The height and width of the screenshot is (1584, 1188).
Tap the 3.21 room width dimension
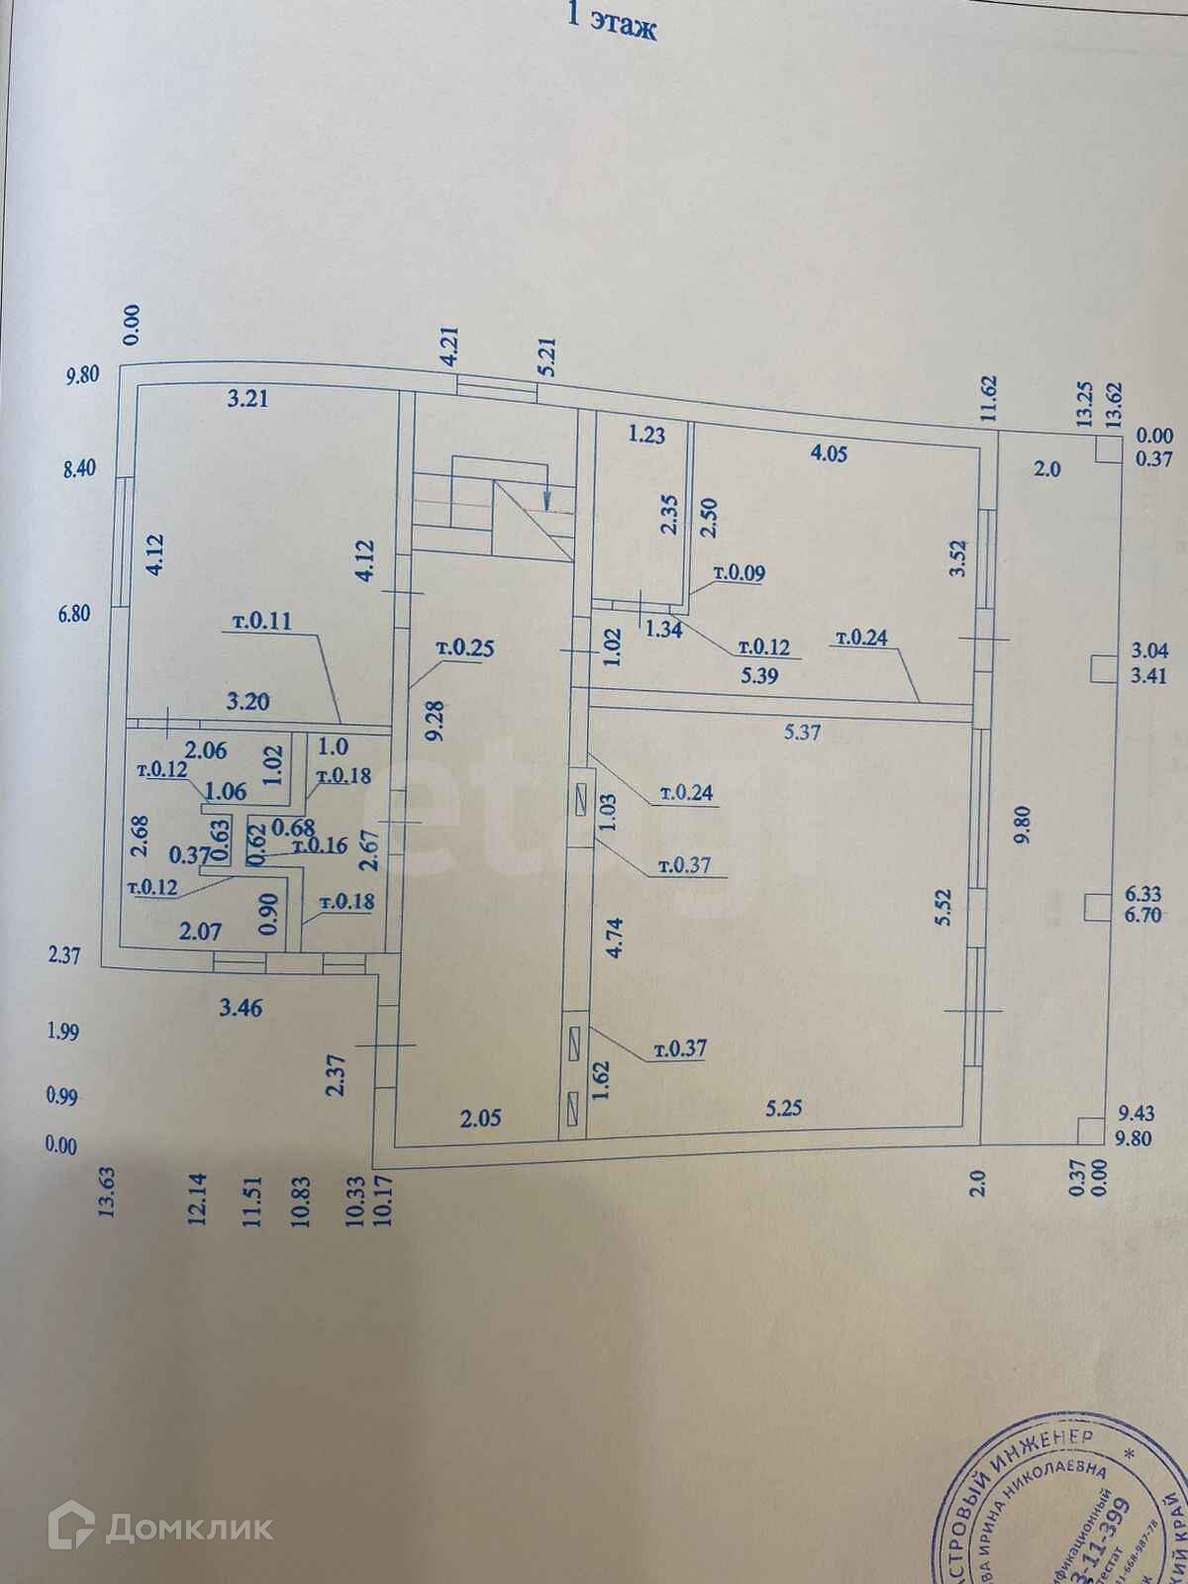click(x=247, y=400)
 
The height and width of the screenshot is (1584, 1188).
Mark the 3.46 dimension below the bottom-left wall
click(x=242, y=1009)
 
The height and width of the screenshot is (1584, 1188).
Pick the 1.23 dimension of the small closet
click(x=645, y=433)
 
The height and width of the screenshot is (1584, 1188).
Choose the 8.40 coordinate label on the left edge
click(x=78, y=468)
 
